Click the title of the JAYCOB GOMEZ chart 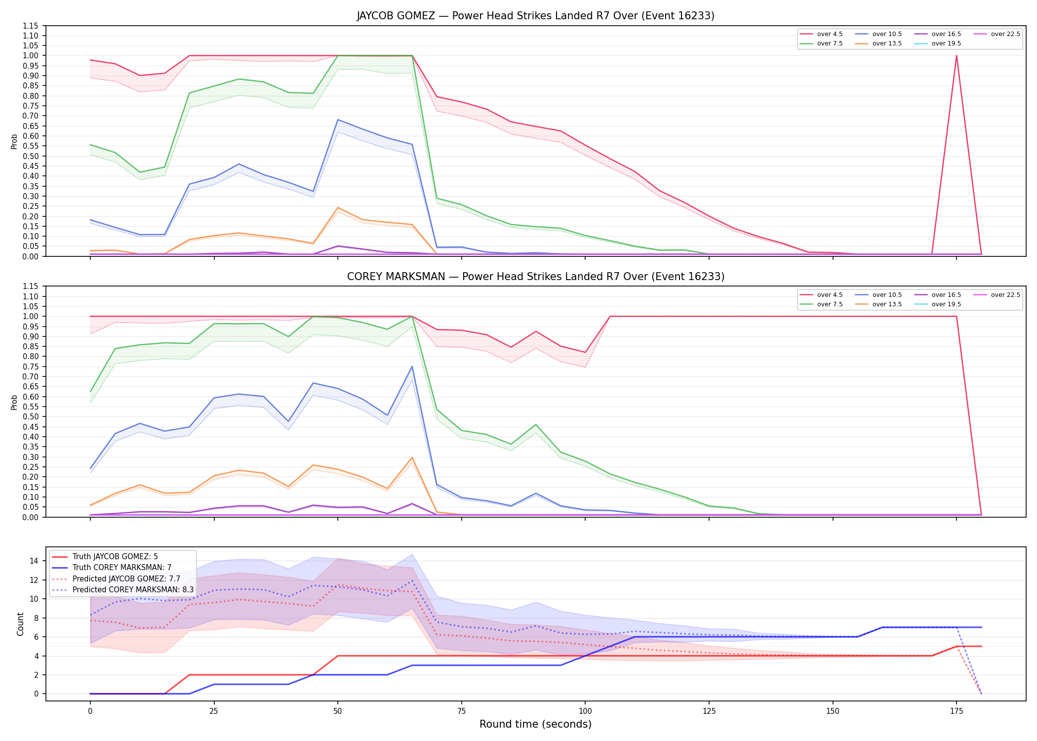point(535,16)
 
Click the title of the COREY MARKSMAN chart point(535,277)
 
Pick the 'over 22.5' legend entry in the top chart point(997,34)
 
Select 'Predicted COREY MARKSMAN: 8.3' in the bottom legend point(122,590)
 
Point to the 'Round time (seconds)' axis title point(535,724)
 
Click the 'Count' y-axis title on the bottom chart point(20,624)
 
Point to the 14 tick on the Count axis point(34,561)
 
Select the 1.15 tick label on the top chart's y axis point(31,26)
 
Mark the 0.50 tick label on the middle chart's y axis point(31,417)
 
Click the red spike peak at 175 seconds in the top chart point(957,56)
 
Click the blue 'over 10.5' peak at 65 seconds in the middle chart point(412,367)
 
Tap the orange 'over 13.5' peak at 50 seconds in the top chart point(338,207)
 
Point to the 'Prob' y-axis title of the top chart point(14,141)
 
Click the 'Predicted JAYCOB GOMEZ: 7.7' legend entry point(116,579)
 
